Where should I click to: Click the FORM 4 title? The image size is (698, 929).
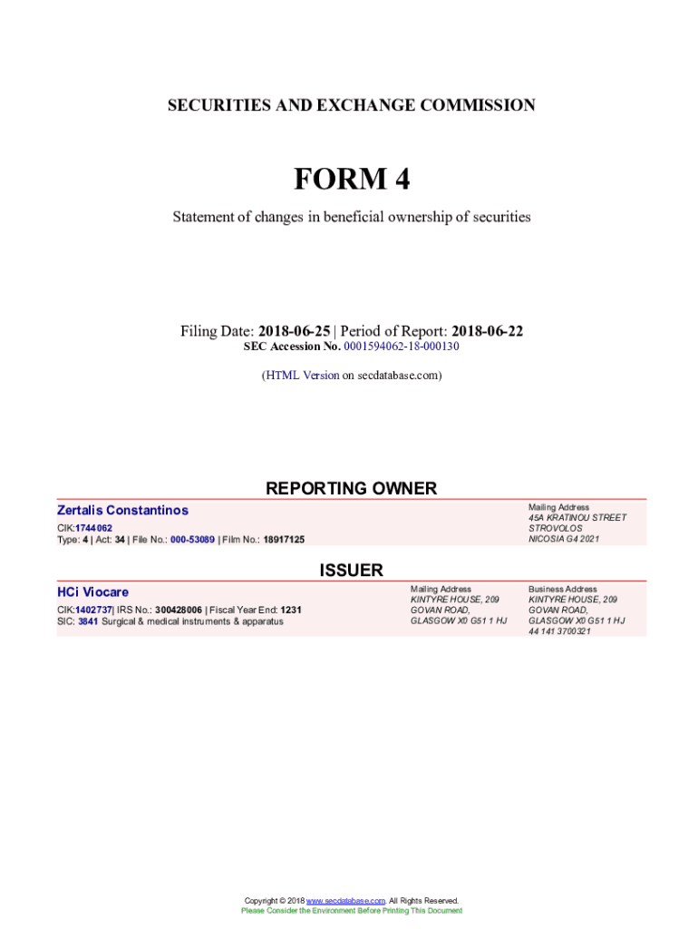click(351, 180)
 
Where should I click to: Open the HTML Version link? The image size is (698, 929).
click(302, 375)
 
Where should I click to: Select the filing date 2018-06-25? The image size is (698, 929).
click(294, 331)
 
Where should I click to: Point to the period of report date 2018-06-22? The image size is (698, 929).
click(487, 331)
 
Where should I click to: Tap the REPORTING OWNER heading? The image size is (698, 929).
click(351, 489)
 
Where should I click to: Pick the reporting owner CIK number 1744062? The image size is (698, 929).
click(93, 528)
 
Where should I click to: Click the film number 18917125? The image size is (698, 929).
click(284, 540)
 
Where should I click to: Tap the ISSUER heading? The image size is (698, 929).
click(351, 571)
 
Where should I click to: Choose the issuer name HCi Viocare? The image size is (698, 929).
click(92, 592)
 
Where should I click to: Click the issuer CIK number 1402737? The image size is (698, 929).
click(92, 610)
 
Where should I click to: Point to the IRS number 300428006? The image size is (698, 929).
click(179, 610)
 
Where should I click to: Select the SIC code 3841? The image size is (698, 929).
click(89, 621)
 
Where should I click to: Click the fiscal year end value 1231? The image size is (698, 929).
click(291, 610)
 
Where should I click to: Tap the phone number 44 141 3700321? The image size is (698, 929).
click(559, 631)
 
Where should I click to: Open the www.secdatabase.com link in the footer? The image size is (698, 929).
click(346, 900)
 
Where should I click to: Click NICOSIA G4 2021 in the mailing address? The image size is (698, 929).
click(564, 539)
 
